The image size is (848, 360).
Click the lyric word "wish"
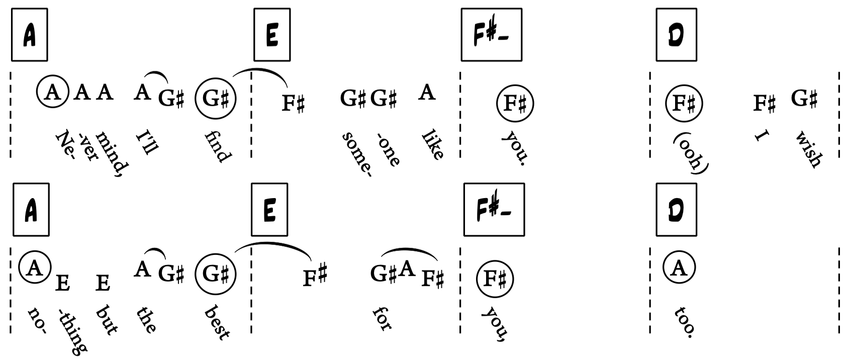808,149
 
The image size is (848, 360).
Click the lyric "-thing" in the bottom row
72,331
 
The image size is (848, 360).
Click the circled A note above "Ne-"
52,92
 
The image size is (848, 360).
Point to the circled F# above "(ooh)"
684,103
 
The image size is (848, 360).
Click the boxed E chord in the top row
272,34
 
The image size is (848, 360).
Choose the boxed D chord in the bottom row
676,209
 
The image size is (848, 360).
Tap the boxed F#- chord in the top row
491,34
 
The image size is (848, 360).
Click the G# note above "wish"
804,98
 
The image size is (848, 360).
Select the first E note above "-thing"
62,283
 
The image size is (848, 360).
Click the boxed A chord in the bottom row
31,209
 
